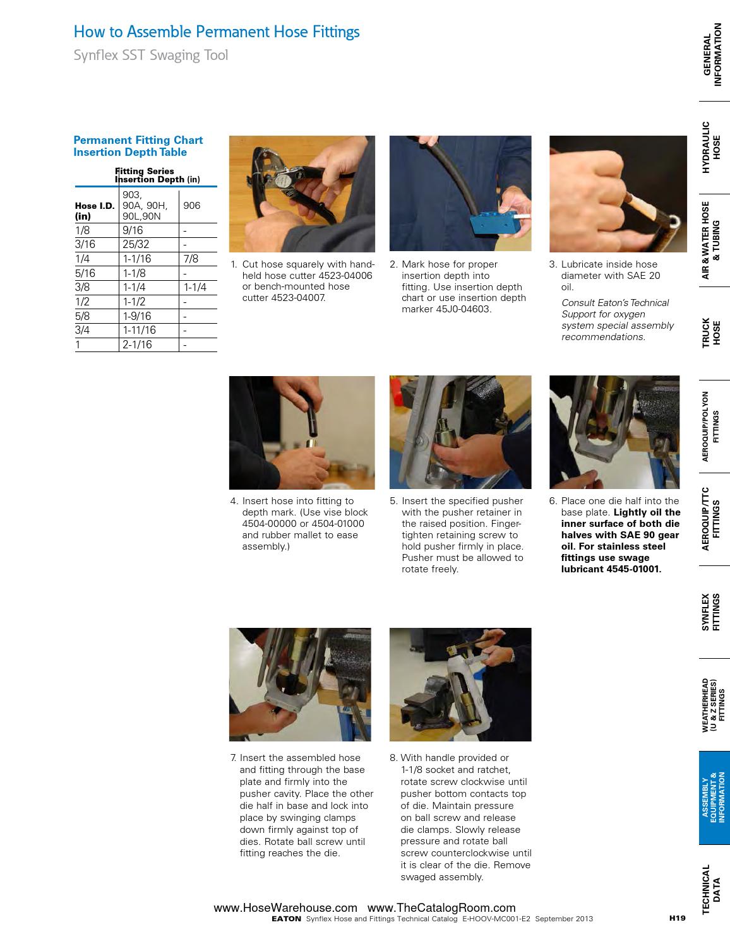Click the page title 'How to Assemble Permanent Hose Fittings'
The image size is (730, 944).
tap(217, 32)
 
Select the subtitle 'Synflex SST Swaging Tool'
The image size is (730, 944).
tap(151, 56)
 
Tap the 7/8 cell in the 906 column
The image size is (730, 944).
tap(191, 259)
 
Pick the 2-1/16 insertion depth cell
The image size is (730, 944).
tap(138, 345)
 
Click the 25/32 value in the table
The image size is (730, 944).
tap(136, 244)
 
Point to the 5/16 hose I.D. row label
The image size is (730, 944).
tap(85, 273)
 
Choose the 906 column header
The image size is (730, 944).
tap(192, 206)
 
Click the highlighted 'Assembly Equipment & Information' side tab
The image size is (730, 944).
tap(714, 798)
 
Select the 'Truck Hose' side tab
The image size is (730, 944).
tap(711, 333)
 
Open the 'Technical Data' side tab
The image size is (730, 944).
tap(711, 889)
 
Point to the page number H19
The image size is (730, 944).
tap(677, 919)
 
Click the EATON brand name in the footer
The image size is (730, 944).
tap(286, 919)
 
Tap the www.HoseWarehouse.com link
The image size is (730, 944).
tap(285, 908)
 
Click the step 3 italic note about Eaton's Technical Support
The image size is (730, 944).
tap(617, 320)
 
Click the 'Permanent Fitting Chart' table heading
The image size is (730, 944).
tap(138, 140)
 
